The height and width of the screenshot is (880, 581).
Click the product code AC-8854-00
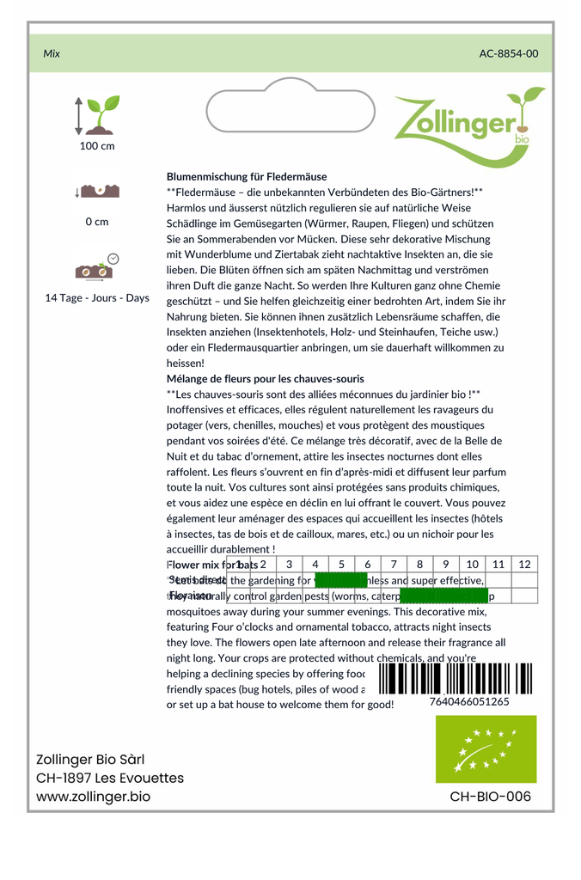coord(509,53)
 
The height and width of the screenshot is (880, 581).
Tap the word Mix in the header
coord(52,53)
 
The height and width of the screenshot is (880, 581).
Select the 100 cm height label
coord(97,146)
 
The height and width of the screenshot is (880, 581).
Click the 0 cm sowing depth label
coord(97,222)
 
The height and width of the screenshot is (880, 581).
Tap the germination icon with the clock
coord(97,268)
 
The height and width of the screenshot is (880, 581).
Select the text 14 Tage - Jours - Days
coord(97,298)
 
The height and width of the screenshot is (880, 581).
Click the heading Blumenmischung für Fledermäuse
coord(247,176)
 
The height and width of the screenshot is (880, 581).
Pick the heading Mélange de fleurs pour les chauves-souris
coord(265,378)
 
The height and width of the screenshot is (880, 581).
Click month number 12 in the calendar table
coord(524,565)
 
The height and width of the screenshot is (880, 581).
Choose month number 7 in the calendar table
coord(394,565)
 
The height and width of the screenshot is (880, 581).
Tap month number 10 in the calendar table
coord(472,565)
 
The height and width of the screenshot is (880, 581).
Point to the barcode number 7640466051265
coord(468,701)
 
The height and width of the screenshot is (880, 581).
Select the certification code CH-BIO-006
coord(490,797)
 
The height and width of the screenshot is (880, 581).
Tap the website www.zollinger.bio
coord(93,797)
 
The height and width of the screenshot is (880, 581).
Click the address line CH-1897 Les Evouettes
coord(110,778)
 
